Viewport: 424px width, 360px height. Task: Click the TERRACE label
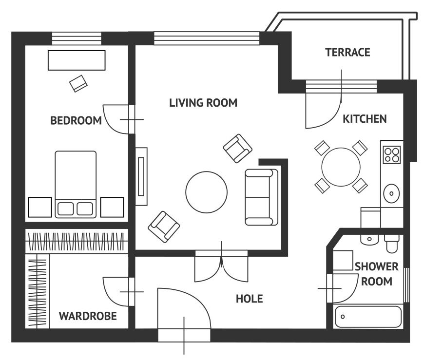coord(347,53)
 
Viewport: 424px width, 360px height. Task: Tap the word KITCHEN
coord(365,119)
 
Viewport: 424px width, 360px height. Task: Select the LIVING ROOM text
coord(203,103)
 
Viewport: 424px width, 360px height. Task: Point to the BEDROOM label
coord(76,120)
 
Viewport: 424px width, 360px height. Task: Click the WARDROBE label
coord(88,316)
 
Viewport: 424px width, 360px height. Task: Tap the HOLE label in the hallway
coord(250,299)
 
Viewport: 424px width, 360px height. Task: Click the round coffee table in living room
coord(206,192)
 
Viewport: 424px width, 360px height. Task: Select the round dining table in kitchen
coord(341,167)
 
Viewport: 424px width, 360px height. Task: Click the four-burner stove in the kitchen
coord(391,155)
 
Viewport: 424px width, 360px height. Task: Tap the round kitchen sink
coord(391,193)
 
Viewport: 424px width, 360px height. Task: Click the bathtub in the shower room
coord(368,317)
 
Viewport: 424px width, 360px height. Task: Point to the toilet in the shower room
coord(392,243)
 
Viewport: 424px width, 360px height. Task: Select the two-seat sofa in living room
coord(261,197)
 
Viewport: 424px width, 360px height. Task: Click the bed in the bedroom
coord(76,184)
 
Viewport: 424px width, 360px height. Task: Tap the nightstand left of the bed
coord(40,207)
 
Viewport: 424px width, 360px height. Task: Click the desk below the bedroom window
coord(77,60)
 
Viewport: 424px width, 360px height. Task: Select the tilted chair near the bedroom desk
coord(78,83)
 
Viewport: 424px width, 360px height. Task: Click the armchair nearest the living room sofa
coord(238,149)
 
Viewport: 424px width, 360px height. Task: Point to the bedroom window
coord(77,38)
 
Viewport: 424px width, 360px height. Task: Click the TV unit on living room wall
coord(141,176)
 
